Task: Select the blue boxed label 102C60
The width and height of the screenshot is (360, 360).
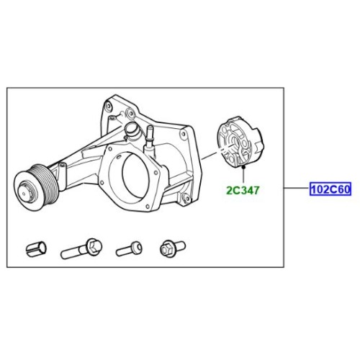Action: click(330, 190)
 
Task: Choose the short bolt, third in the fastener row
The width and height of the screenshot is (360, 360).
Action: click(129, 248)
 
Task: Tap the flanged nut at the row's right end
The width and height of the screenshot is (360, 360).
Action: click(171, 248)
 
